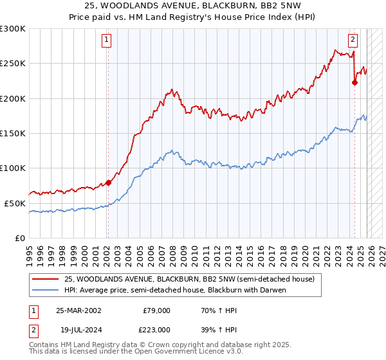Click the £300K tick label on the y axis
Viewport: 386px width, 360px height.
[13, 29]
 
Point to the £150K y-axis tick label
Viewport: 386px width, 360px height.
[13, 133]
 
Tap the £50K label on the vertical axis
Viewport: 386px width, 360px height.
[15, 203]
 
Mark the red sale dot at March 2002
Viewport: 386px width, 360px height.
[108, 183]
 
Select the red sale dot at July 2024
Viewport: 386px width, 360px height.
[354, 82]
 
